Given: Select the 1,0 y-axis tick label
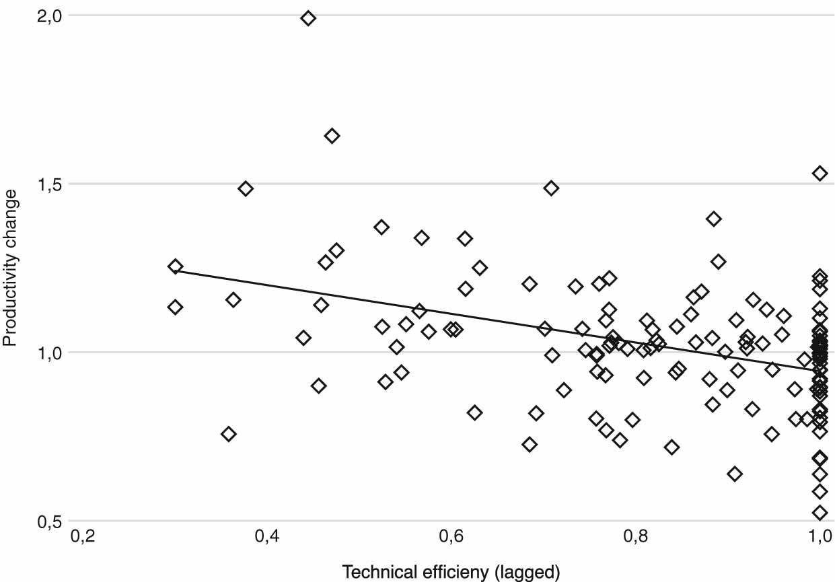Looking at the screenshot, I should (48, 352).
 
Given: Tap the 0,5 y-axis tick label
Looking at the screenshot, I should (48, 521).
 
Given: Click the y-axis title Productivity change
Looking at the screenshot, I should (11, 268).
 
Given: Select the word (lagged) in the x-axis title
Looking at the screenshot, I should (528, 573).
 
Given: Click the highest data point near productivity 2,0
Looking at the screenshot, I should (308, 18).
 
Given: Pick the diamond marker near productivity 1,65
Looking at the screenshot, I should (332, 136).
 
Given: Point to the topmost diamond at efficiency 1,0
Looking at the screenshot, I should (820, 173).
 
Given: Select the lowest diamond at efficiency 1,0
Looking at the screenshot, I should (820, 513).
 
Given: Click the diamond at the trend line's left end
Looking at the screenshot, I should (176, 266).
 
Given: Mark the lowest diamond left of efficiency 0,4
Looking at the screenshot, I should (229, 434).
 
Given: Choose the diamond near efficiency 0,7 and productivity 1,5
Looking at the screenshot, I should (551, 188).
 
